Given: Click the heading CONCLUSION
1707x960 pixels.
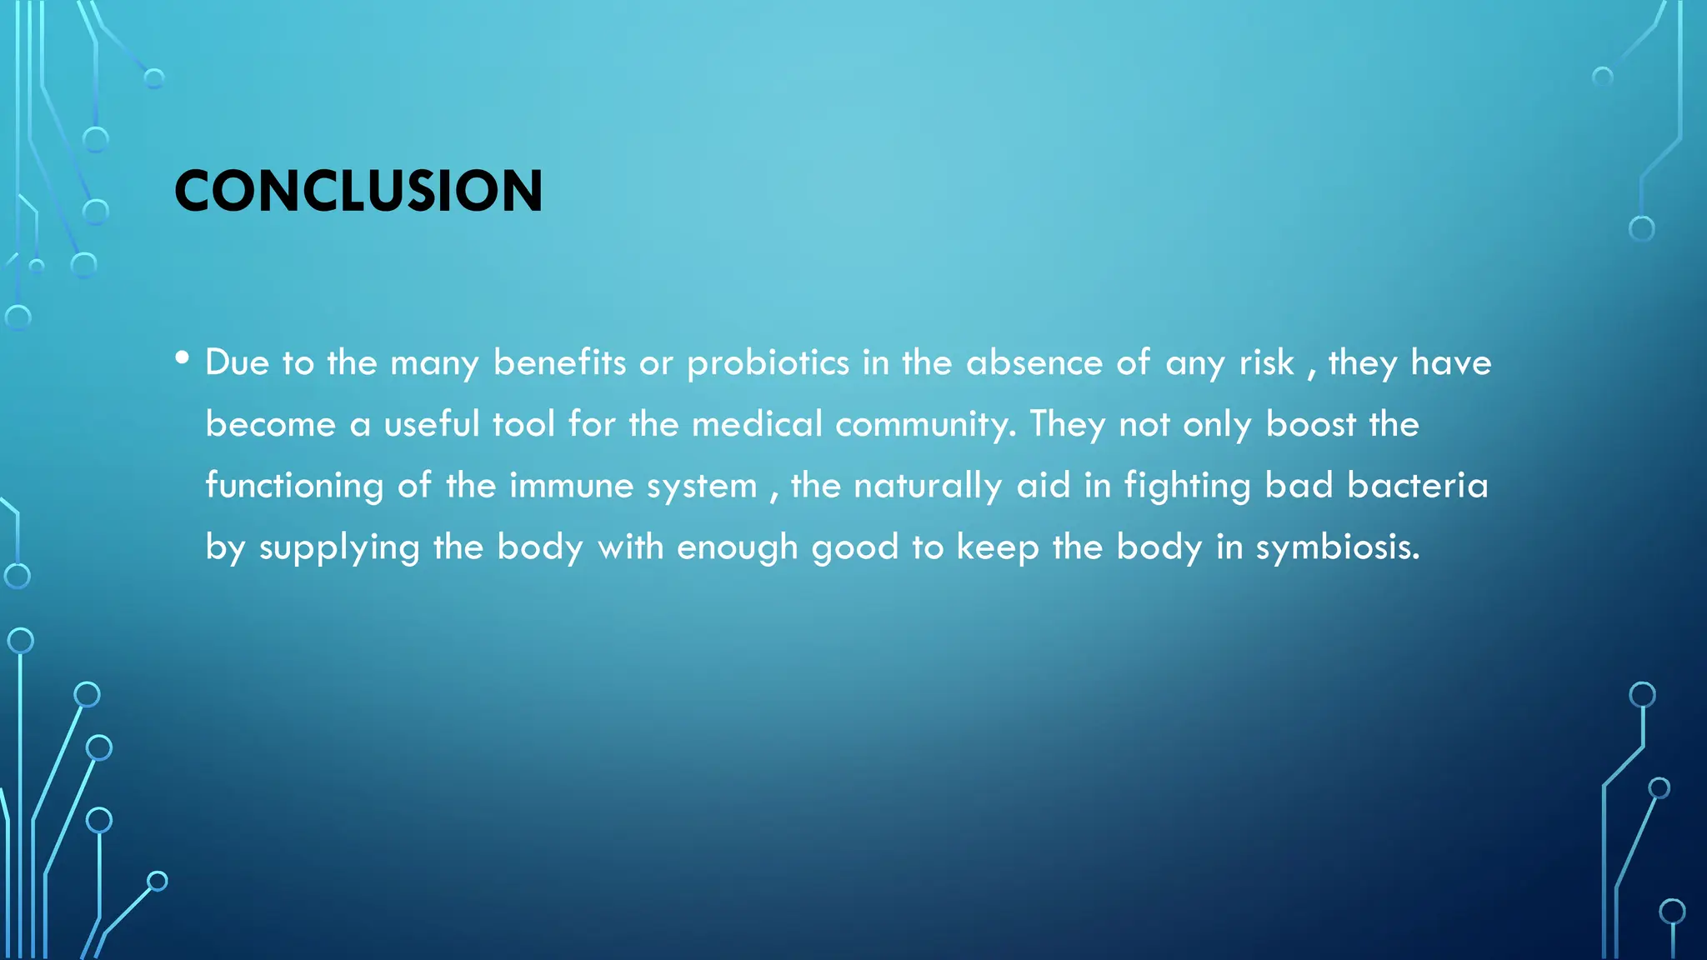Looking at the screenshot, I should point(358,191).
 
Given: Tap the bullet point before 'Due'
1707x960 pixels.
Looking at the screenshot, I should point(183,358).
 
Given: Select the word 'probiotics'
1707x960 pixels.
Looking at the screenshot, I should point(768,363).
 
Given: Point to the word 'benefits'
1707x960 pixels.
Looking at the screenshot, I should point(559,362).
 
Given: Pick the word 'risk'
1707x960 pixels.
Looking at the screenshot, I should point(1266,362).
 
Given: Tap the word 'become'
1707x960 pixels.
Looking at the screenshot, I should point(270,424).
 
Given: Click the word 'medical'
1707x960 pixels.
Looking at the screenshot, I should point(757,424).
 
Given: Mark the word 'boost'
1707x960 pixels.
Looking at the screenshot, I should point(1310,424).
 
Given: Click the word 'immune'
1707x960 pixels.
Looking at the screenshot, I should point(571,486).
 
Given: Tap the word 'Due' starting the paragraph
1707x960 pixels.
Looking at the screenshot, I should point(237,362).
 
